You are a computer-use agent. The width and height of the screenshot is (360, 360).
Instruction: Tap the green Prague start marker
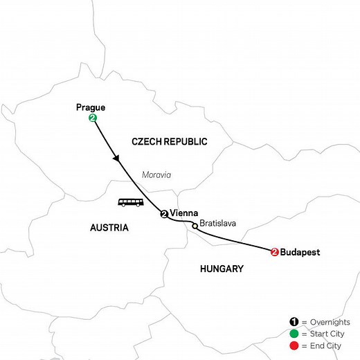pyautogui.click(x=92, y=119)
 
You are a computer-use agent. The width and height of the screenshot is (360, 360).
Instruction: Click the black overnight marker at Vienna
pyautogui.click(x=164, y=214)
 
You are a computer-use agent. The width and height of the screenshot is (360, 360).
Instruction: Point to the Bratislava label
pyautogui.click(x=218, y=224)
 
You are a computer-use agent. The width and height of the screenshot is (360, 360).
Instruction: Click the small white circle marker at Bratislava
pyautogui.click(x=194, y=224)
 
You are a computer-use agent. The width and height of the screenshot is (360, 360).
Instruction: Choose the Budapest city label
pyautogui.click(x=300, y=253)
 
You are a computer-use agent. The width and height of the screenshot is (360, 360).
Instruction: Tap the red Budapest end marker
pyautogui.click(x=276, y=253)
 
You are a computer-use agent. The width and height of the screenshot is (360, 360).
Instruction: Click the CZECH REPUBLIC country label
pyautogui.click(x=170, y=141)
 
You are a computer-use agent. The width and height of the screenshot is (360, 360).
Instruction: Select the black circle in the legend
pyautogui.click(x=293, y=322)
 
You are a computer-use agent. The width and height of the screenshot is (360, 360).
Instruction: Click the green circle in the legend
pyautogui.click(x=293, y=332)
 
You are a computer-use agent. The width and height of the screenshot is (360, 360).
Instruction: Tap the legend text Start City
pyautogui.click(x=327, y=332)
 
